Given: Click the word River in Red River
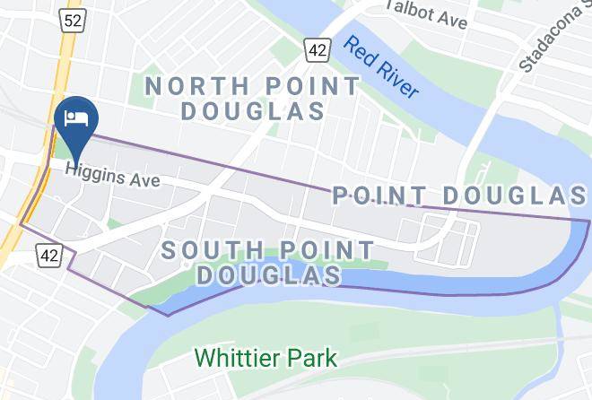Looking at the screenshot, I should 398,79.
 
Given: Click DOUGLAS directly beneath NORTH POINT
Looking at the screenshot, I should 252,112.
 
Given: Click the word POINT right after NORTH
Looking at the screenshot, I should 306,87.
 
